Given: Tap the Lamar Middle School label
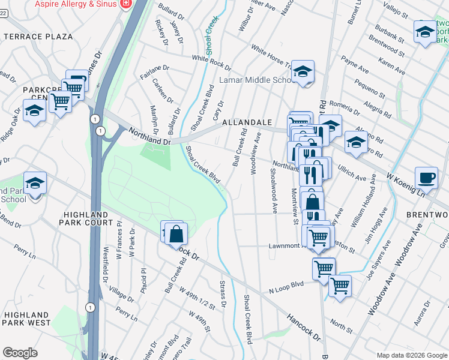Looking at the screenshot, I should coord(255,80).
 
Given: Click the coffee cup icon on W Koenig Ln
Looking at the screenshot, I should coord(426,177).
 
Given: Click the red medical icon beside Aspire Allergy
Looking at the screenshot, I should coord(125,4).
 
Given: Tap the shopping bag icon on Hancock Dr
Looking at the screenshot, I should coord(176,233).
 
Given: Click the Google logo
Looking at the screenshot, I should coord(20,353).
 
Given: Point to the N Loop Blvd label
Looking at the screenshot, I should coord(287,289).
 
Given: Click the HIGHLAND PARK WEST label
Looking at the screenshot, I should coord(26,319).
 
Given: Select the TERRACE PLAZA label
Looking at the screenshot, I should coord(38,37).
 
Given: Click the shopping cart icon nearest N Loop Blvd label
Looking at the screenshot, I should coord(324,268).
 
